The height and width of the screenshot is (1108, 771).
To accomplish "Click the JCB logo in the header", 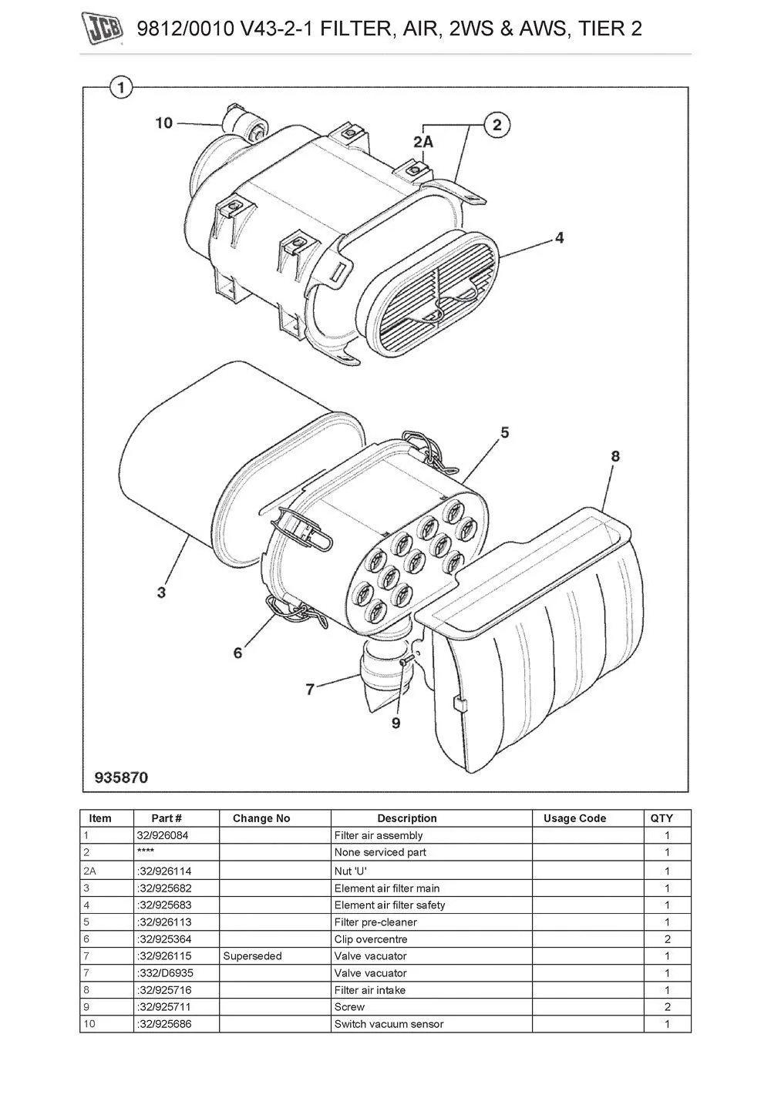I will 103,29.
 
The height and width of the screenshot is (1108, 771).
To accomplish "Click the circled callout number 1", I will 120,88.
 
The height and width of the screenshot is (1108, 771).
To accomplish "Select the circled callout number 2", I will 497,125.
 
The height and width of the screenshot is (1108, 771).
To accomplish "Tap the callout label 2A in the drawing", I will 423,142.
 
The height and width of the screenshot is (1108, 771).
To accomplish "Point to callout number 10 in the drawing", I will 164,123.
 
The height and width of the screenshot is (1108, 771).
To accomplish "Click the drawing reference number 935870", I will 121,777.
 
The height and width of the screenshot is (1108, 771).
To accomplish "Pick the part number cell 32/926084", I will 162,835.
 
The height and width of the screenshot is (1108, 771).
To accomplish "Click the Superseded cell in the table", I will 252,956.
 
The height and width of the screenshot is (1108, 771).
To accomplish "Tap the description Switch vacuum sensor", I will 389,1024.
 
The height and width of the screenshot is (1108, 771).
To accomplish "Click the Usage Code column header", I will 574,818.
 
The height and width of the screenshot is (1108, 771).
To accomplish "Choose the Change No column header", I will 261,818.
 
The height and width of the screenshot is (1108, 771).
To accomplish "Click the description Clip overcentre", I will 371,939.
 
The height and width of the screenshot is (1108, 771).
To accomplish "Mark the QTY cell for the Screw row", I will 667,1007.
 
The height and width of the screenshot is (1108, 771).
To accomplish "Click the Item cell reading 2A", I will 90,871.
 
